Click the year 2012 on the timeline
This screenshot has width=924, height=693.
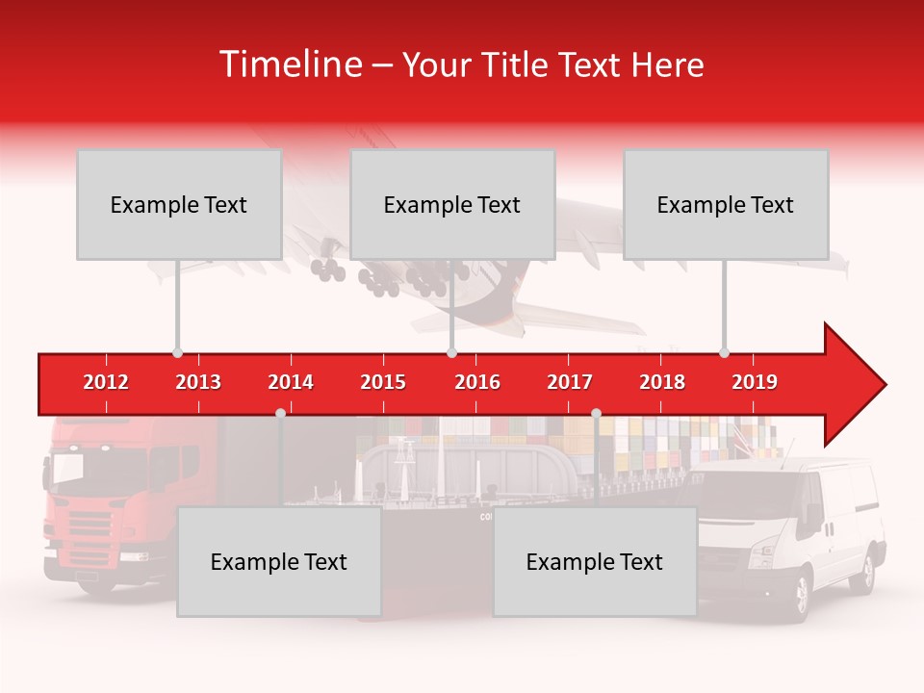click(x=106, y=382)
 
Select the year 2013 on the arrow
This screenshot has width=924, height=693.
click(x=198, y=382)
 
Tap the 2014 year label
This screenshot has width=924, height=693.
click(x=291, y=382)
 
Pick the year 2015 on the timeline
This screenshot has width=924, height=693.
click(x=383, y=382)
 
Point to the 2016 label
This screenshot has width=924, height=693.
click(x=477, y=382)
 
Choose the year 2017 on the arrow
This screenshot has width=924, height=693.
click(x=570, y=382)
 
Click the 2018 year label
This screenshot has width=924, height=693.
click(x=662, y=382)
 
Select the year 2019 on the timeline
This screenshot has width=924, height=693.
click(x=755, y=382)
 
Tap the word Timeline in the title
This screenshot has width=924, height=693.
click(x=289, y=64)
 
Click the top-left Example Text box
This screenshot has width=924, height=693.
click(x=179, y=204)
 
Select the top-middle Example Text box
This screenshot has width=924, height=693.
click(x=452, y=204)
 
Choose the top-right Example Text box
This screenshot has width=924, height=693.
click(x=726, y=204)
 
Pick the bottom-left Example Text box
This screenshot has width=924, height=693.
click(x=279, y=561)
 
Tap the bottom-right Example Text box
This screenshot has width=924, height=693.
click(x=595, y=561)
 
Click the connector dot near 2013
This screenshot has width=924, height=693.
click(x=177, y=352)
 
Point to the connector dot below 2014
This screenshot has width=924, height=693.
click(x=280, y=413)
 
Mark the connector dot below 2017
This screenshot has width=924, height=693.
click(x=596, y=413)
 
